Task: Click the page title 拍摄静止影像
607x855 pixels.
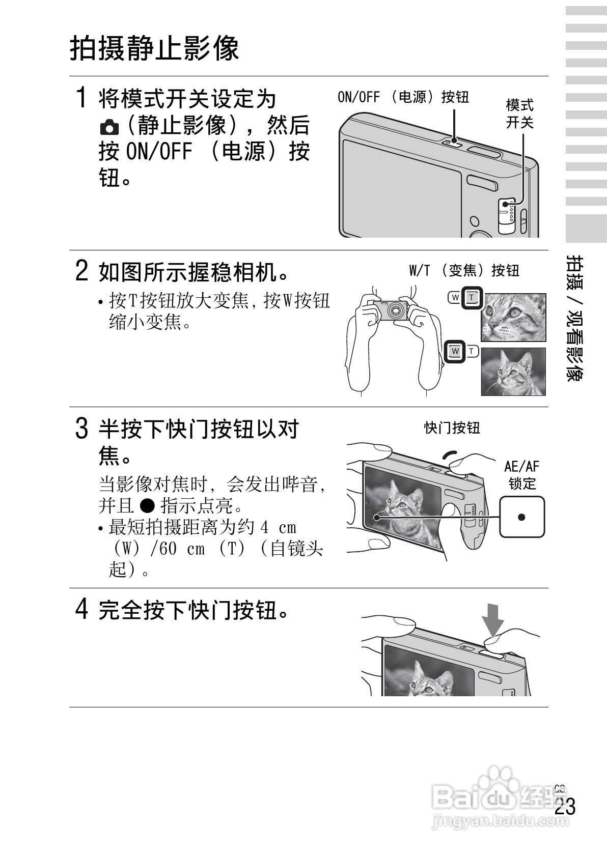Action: coord(154,48)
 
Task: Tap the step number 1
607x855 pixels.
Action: coord(81,97)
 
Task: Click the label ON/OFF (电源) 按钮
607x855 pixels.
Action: coord(403,97)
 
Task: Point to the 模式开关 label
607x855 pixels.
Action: coord(519,113)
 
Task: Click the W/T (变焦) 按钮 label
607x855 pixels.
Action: coord(464,270)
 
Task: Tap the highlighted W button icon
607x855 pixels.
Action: coord(455,351)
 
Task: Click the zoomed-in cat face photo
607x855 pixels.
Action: coord(513,317)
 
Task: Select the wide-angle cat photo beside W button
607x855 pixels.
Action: coord(513,372)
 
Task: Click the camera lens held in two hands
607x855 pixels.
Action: coord(395,310)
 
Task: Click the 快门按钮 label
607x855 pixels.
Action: coord(452,427)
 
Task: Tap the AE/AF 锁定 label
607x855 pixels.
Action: coord(521,474)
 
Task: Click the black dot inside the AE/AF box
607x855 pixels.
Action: coord(521,517)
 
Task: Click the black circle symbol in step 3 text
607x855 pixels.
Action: coord(147,505)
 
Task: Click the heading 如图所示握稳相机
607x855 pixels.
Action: coord(194,272)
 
